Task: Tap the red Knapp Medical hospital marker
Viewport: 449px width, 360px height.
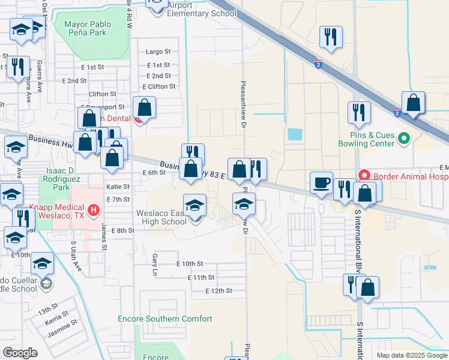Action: [x=93, y=210]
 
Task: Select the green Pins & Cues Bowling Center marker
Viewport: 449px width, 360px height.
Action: [x=403, y=139]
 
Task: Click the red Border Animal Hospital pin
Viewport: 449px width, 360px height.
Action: [x=364, y=176]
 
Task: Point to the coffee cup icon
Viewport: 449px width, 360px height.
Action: [x=321, y=182]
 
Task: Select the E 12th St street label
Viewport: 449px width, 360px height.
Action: [x=218, y=290]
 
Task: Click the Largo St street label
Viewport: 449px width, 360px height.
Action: [x=159, y=52]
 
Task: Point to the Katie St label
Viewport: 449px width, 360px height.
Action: [x=118, y=187]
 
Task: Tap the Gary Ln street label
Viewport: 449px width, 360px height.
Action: [x=155, y=260]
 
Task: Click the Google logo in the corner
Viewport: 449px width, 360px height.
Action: [x=20, y=353]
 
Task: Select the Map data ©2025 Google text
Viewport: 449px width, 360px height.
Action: [x=412, y=355]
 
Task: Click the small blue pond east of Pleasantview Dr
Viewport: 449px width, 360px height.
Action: [x=295, y=134]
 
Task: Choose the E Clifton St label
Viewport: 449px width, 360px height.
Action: [x=155, y=86]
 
